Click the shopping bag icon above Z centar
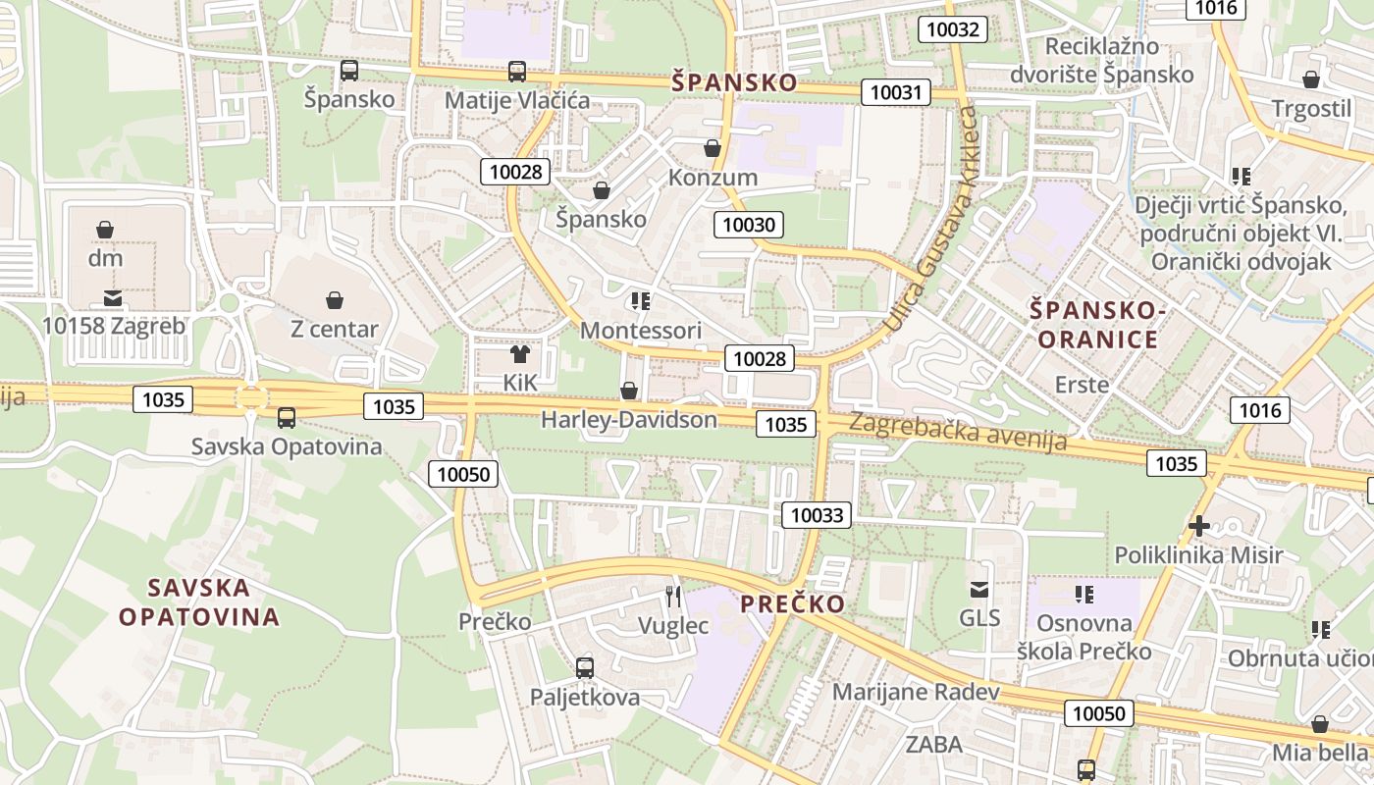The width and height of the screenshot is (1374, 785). pyautogui.click(x=335, y=299)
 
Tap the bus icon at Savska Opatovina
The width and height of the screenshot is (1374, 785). pyautogui.click(x=287, y=418)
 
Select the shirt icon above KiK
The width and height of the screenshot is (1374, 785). pyautogui.click(x=520, y=354)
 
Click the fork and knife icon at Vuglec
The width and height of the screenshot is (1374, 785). pyautogui.click(x=673, y=596)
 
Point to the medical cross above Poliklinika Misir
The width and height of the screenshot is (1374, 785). pyautogui.click(x=1198, y=526)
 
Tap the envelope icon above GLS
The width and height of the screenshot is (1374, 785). pyautogui.click(x=979, y=590)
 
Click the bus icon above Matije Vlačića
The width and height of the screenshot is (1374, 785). pyautogui.click(x=517, y=72)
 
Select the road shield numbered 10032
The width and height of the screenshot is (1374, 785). pyautogui.click(x=953, y=29)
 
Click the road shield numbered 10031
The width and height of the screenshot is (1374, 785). pyautogui.click(x=896, y=93)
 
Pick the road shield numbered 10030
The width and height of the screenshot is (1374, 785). pyautogui.click(x=749, y=225)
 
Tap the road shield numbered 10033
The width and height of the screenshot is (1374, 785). pyautogui.click(x=817, y=514)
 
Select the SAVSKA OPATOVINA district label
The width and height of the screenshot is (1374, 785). pyautogui.click(x=199, y=602)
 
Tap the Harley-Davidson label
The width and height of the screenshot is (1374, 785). pyautogui.click(x=629, y=420)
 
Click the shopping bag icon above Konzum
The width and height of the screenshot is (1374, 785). pyautogui.click(x=713, y=148)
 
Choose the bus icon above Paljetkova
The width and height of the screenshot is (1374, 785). pyautogui.click(x=585, y=668)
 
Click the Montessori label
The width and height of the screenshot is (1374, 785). pyautogui.click(x=641, y=330)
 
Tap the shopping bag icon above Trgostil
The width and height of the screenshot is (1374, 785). pyautogui.click(x=1311, y=80)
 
